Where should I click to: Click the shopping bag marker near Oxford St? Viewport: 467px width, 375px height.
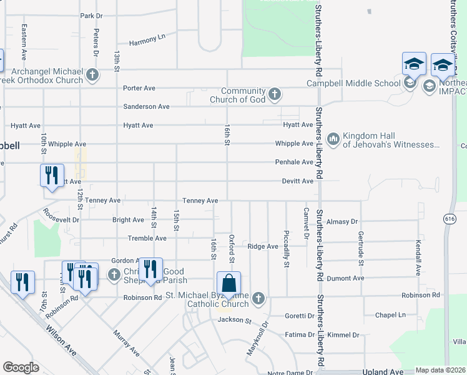(229, 284)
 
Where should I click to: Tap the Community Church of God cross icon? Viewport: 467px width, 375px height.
(274, 95)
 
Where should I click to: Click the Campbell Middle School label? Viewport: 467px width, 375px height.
(353, 83)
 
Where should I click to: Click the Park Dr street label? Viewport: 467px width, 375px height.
(91, 16)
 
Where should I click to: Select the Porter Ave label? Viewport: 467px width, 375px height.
(139, 88)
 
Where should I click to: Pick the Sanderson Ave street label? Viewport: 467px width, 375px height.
(146, 107)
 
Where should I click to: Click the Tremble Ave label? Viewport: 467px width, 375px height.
(147, 238)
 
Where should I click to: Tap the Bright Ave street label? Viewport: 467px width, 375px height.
(129, 220)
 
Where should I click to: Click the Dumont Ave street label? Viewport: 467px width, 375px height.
(350, 278)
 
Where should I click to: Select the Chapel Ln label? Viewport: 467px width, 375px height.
(391, 315)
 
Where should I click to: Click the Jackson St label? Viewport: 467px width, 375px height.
(234, 321)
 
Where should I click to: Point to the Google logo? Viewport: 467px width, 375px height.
(21, 367)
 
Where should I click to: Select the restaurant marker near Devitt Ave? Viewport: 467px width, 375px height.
(51, 175)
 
